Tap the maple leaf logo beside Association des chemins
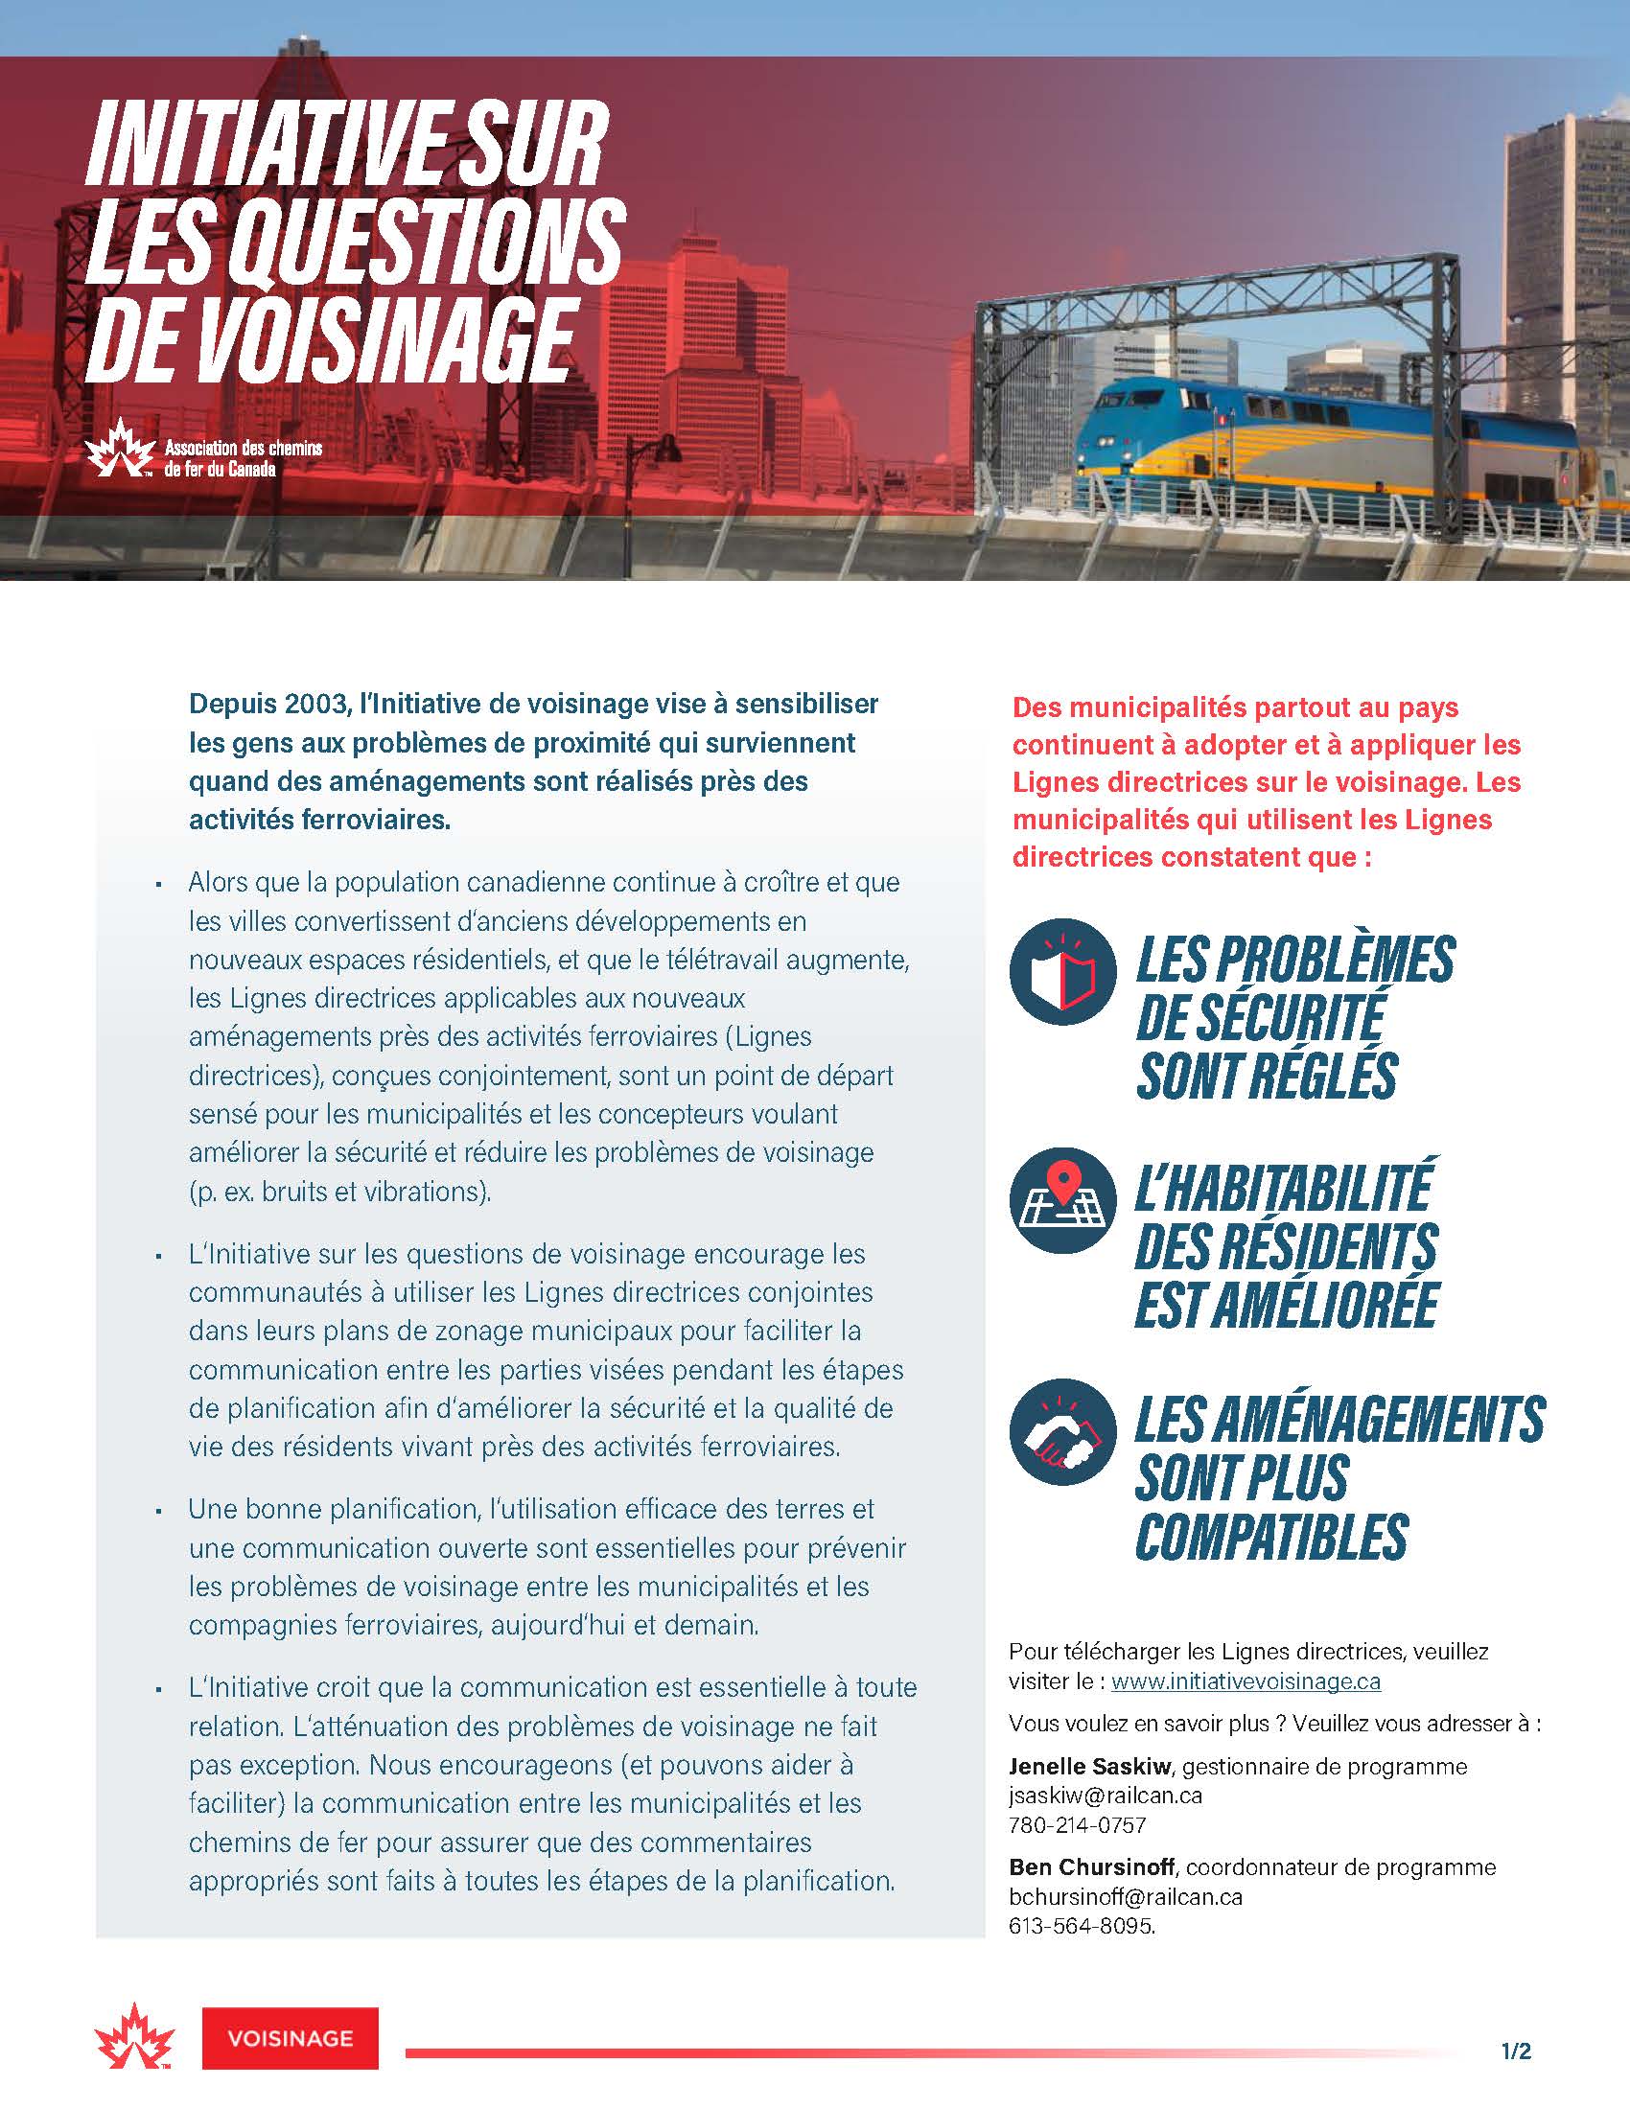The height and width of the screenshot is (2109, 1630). coord(120,448)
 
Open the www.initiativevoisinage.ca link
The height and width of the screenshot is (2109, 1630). coord(1246,1681)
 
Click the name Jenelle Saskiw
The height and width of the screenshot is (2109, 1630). coord(1089,1766)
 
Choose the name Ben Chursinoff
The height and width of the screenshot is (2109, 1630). coord(1091,1866)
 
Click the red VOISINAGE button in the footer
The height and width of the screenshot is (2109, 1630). coord(290,2037)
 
